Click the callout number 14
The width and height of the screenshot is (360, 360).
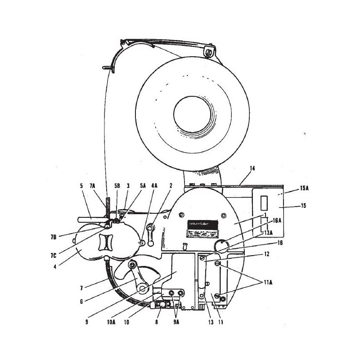point(252,168)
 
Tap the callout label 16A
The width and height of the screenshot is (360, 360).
point(276,220)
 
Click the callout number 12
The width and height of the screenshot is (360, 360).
point(266,254)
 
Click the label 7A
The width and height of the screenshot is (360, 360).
point(93,185)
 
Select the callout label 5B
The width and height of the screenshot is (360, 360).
point(117,185)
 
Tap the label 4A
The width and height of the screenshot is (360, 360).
point(154,185)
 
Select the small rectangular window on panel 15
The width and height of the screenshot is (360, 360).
point(265,203)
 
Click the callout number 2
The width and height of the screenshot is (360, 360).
point(171,185)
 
